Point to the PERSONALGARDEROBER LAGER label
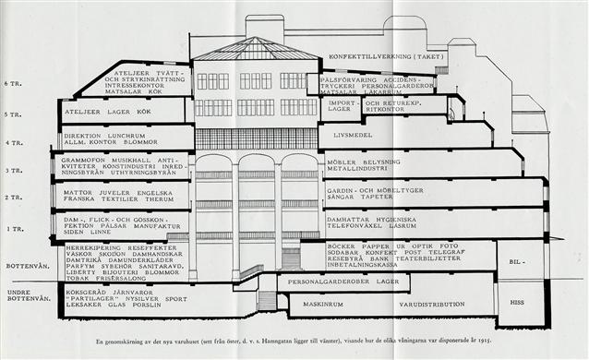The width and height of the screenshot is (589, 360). point(343,281)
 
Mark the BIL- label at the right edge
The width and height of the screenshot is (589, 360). point(518,260)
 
